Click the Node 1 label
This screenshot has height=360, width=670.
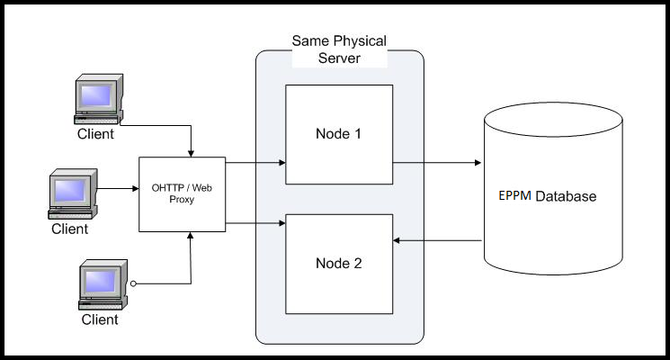point(338,134)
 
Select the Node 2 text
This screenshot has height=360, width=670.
point(338,264)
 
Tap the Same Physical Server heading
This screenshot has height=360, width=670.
point(338,50)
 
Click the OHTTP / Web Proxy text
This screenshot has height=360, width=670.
point(183,193)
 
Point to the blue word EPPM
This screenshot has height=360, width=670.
point(516,195)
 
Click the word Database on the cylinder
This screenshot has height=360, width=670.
point(566,195)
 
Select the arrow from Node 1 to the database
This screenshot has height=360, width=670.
point(436,163)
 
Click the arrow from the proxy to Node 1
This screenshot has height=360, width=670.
point(255,163)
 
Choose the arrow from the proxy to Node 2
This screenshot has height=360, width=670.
point(255,221)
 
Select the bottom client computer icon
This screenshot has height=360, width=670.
point(101,283)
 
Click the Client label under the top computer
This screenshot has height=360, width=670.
point(95,135)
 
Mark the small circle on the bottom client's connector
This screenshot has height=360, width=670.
point(133,283)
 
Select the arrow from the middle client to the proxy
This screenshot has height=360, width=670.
point(117,189)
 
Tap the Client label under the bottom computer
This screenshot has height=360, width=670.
point(101,319)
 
